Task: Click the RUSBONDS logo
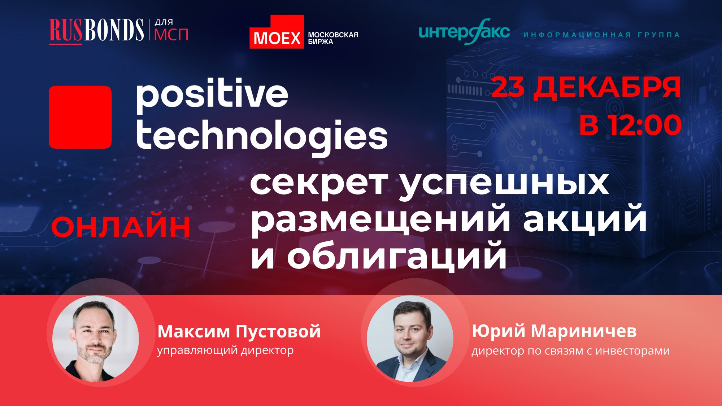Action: tap(96, 30)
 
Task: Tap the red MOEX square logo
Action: tap(277, 32)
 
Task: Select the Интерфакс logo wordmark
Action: tap(464, 32)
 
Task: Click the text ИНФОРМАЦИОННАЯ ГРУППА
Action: tap(601, 35)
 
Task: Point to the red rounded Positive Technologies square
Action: tap(80, 117)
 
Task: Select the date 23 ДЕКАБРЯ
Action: tap(586, 87)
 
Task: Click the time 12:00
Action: tap(645, 125)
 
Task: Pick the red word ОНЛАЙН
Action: tap(121, 227)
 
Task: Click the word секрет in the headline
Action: tap(319, 183)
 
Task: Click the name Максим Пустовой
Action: tap(239, 331)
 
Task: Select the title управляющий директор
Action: tap(225, 350)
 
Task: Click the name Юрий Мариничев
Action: tap(554, 331)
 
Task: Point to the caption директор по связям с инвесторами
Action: tap(570, 351)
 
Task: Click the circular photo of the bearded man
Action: tap(96, 339)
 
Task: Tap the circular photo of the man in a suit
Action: tap(410, 339)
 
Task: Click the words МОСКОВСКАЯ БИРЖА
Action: tap(333, 38)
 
